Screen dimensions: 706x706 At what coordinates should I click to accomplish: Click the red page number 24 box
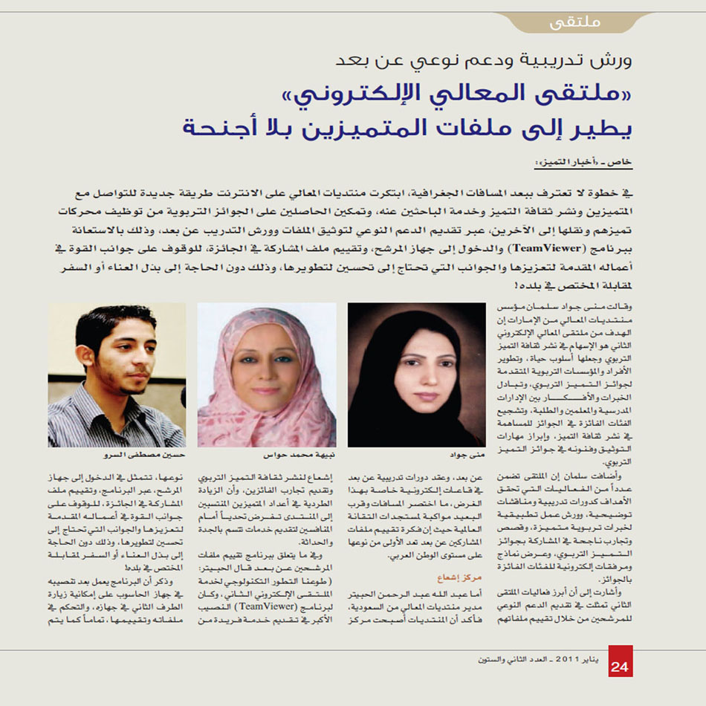pos(621,664)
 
